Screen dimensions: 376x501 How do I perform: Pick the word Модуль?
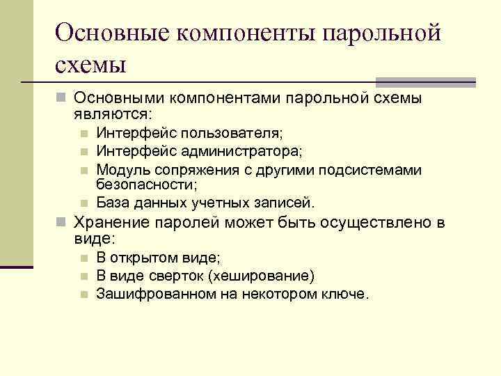120,169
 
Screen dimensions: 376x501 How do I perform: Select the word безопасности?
146,185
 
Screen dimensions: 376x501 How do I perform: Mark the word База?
112,203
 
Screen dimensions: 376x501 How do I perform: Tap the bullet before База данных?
83,203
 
